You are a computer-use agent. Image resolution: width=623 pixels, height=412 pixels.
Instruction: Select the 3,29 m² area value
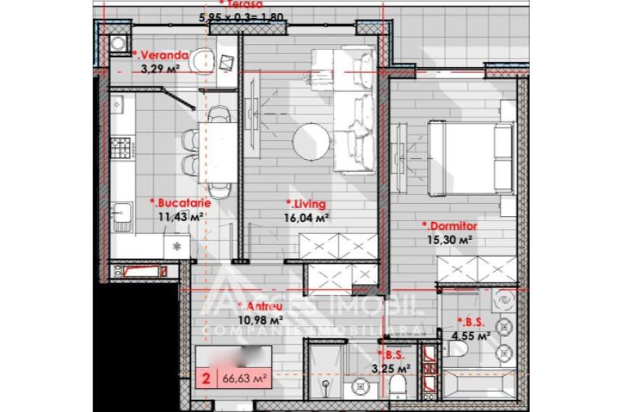click(x=160, y=69)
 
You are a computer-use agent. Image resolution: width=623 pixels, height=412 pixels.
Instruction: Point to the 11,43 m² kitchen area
click(x=179, y=215)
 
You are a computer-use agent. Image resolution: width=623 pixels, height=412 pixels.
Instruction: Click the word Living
click(x=307, y=203)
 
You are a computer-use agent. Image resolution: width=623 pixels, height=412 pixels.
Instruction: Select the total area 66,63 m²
click(x=242, y=378)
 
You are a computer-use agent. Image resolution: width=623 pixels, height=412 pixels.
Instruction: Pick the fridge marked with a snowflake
click(x=177, y=246)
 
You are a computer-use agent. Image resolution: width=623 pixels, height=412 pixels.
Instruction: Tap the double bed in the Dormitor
click(x=470, y=158)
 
